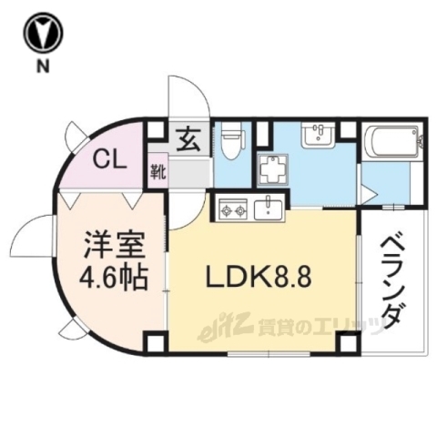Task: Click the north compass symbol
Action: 44,35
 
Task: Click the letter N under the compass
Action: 44,66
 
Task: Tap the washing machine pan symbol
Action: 271,170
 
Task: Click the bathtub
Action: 391,143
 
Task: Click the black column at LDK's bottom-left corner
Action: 155,344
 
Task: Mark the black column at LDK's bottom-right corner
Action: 346,343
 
